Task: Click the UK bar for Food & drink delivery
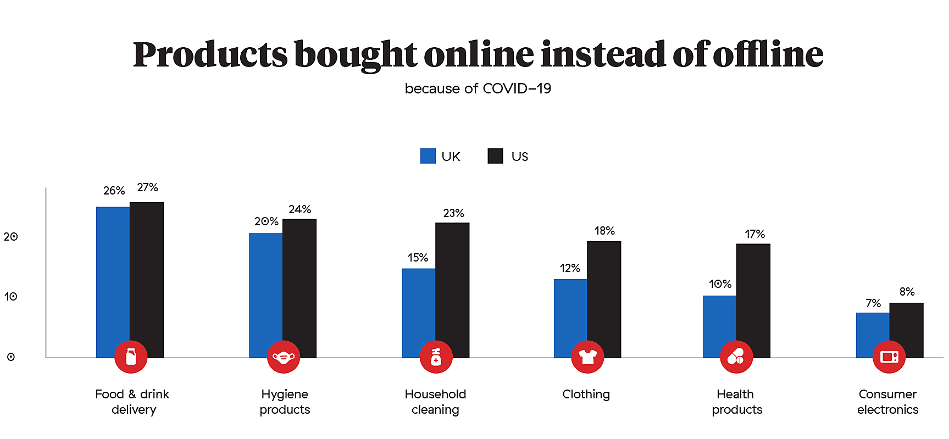(x=113, y=275)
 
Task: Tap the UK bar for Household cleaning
(x=418, y=305)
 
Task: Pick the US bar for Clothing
(x=604, y=291)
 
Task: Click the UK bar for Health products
(x=719, y=319)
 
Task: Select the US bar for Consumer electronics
(x=906, y=324)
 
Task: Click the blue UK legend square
(x=428, y=156)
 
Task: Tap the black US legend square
(x=495, y=156)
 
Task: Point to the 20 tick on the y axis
(x=11, y=237)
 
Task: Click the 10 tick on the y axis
(x=11, y=297)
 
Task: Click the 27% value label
(x=147, y=187)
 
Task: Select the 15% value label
(x=418, y=258)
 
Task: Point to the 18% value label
(x=604, y=231)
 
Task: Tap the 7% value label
(x=873, y=303)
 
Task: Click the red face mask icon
(x=284, y=357)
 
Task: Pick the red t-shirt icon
(x=587, y=357)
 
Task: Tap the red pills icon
(x=736, y=357)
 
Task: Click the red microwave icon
(x=889, y=357)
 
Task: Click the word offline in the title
(x=768, y=55)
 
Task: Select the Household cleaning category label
(x=435, y=402)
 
